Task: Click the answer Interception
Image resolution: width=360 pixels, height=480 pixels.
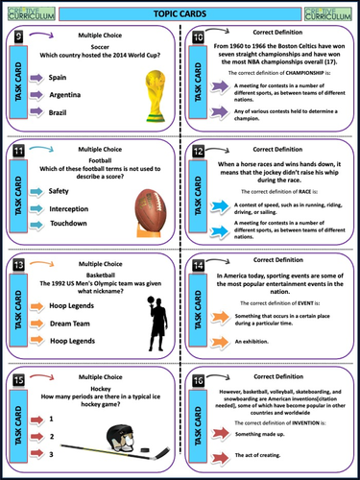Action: (72, 207)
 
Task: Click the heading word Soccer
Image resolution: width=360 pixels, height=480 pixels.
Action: (95, 48)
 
